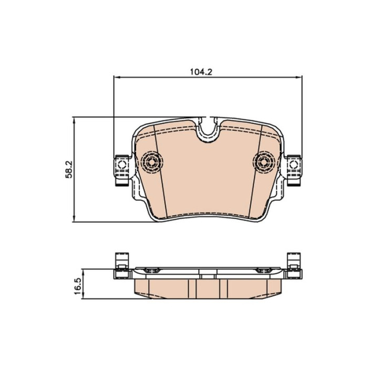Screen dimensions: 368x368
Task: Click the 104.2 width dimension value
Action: [x=201, y=72]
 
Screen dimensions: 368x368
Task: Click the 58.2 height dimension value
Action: [x=69, y=169]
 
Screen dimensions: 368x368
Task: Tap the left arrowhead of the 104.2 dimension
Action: [x=117, y=77]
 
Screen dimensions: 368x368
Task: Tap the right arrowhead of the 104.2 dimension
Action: [x=299, y=77]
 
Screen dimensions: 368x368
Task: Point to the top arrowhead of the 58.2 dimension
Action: [x=74, y=120]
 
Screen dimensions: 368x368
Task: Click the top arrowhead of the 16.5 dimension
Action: [x=83, y=272]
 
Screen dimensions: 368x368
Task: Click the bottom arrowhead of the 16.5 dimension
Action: [x=83, y=295]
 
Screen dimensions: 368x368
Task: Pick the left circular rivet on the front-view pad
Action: [x=151, y=162]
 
